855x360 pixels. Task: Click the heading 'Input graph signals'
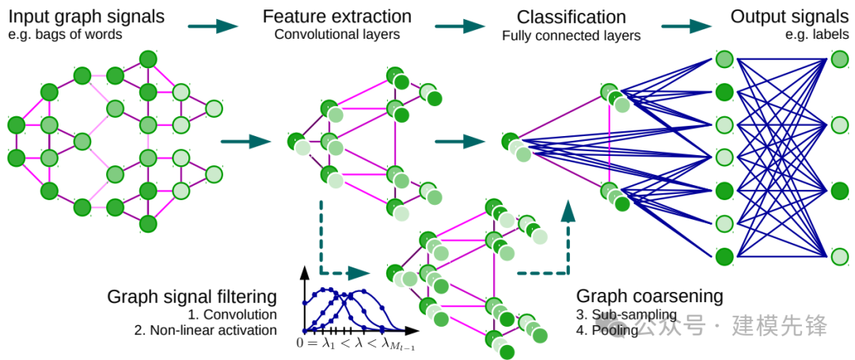[87, 17]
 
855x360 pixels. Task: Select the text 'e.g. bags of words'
[65, 36]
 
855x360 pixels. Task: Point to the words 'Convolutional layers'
[336, 35]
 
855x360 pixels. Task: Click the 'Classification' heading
[571, 17]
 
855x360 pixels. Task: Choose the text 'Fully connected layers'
[571, 36]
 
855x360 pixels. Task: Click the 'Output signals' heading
[789, 17]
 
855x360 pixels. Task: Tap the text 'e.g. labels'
[817, 36]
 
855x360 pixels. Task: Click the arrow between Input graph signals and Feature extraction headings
[213, 25]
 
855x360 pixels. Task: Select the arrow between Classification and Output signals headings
[686, 25]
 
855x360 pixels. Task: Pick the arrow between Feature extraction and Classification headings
[460, 25]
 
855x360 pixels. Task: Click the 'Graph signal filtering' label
[192, 297]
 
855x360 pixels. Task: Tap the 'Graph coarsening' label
[649, 297]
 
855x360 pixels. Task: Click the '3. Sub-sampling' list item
[626, 315]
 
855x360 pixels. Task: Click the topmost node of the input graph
[147, 59]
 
